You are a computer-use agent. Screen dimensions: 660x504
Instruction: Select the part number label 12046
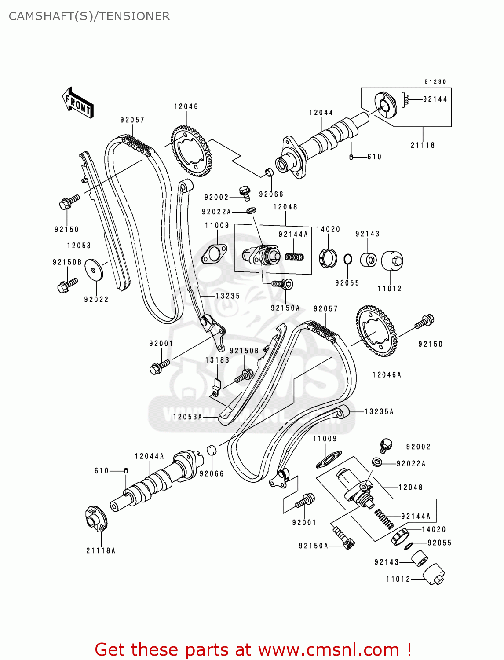pyautogui.click(x=186, y=106)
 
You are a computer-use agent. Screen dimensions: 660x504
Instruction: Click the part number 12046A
pyautogui.click(x=387, y=375)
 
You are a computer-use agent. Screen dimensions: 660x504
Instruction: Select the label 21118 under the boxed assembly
pyautogui.click(x=423, y=145)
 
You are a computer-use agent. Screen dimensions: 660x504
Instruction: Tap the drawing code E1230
pyautogui.click(x=435, y=81)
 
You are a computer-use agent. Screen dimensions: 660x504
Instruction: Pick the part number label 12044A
pyautogui.click(x=149, y=456)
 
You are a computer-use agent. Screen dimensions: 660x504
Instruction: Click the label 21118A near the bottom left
pyautogui.click(x=101, y=550)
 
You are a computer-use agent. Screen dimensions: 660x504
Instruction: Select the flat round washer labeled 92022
pyautogui.click(x=94, y=269)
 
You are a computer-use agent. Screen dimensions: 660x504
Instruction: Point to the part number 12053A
pyautogui.click(x=187, y=417)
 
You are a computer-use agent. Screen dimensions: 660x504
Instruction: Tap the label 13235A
pyautogui.click(x=379, y=411)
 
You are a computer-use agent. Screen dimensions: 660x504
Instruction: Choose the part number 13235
pyautogui.click(x=228, y=296)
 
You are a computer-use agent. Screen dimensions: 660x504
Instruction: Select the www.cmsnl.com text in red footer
pyautogui.click(x=329, y=649)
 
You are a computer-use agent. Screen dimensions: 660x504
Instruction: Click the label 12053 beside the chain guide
pyautogui.click(x=79, y=246)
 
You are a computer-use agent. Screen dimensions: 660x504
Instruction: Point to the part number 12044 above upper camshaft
pyautogui.click(x=321, y=113)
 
